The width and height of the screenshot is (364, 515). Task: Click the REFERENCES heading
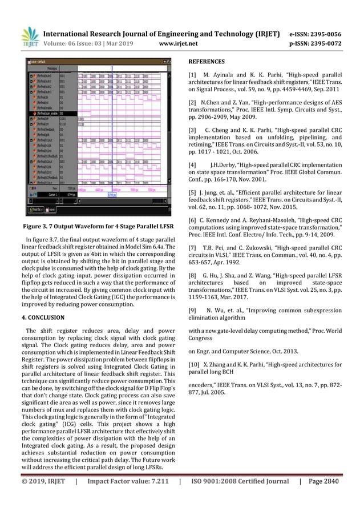[207, 61]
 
